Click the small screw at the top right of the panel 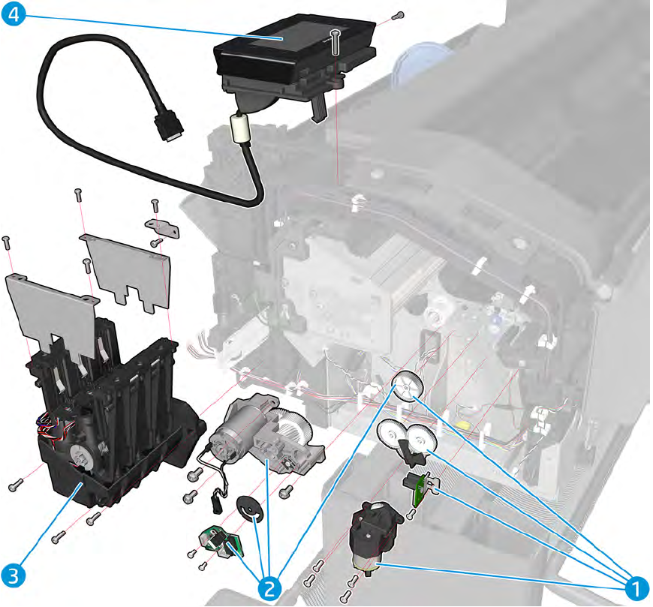point(399,14)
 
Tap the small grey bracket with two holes point(162,228)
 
